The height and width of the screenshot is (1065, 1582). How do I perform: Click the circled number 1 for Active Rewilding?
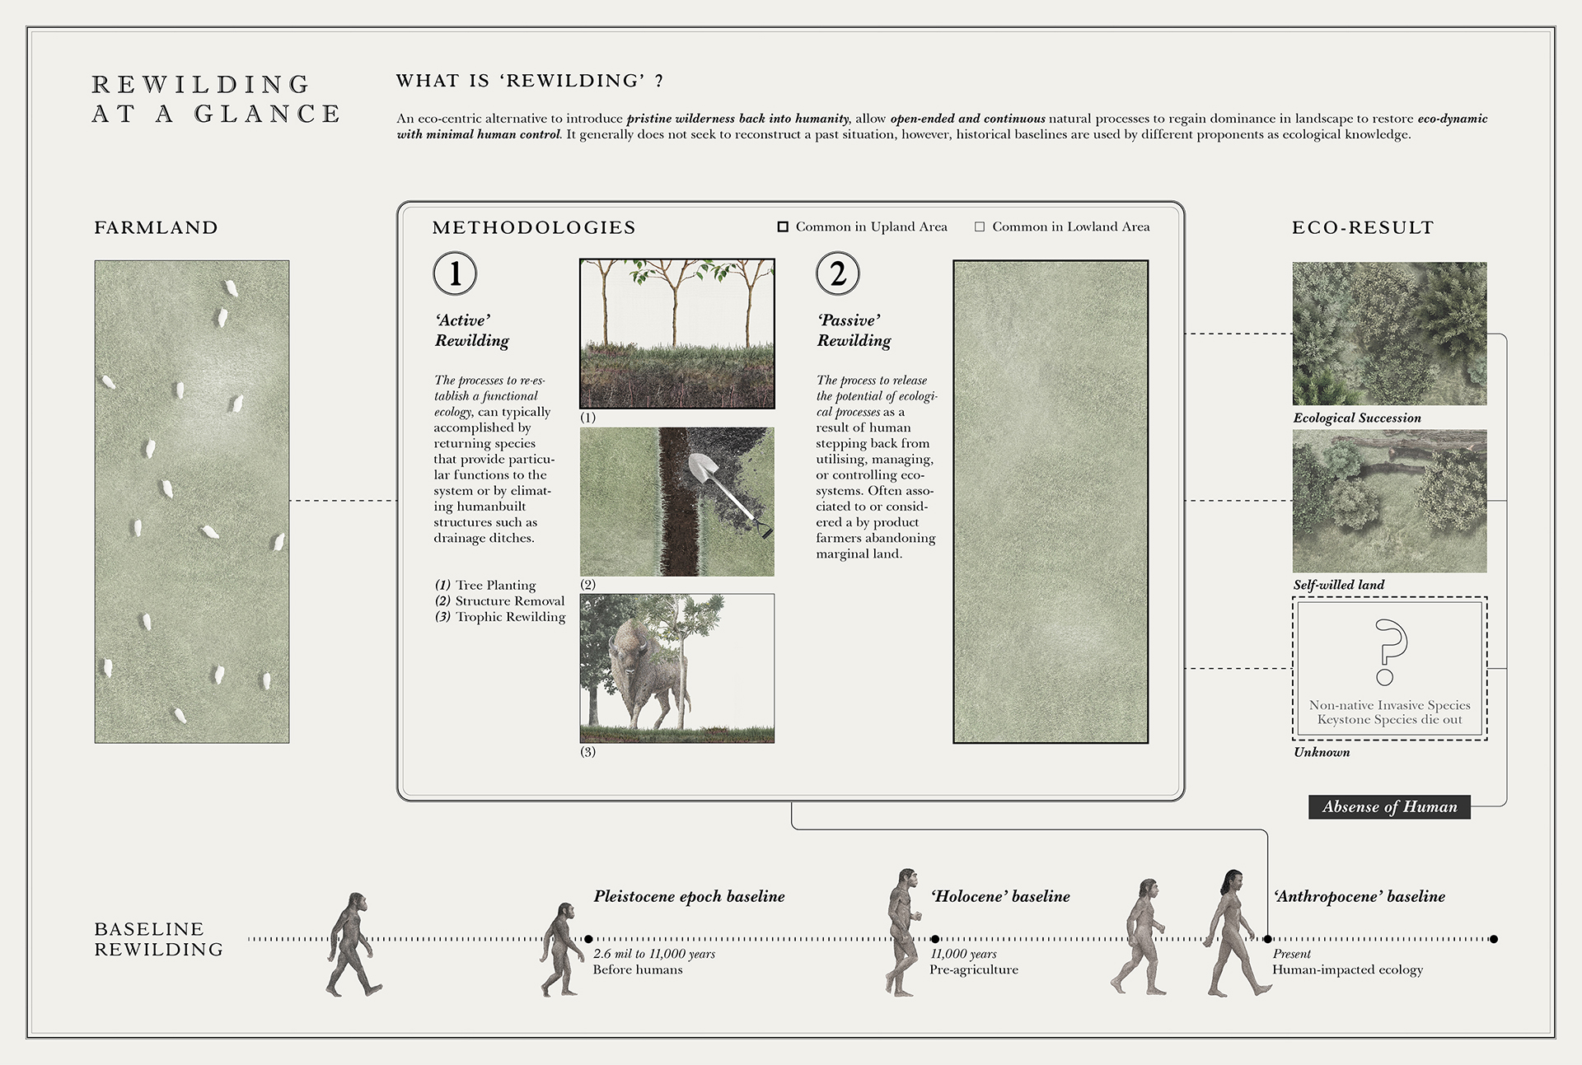pos(455,273)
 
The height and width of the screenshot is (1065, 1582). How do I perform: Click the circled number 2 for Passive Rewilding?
pos(837,273)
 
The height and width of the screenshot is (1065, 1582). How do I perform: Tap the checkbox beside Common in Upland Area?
pos(783,227)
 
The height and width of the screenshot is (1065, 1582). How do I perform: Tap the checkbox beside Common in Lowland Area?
pos(980,227)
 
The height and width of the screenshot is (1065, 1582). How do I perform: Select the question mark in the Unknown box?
pos(1389,651)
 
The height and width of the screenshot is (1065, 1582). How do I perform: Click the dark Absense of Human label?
pos(1389,806)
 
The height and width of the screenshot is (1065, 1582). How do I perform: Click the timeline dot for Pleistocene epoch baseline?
pos(588,938)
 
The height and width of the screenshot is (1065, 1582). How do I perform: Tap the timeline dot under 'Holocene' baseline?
pos(935,938)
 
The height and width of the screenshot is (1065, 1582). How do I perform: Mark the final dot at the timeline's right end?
pos(1494,938)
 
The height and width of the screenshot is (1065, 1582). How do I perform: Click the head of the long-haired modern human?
pos(1232,883)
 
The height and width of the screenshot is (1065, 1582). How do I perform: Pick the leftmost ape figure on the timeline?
pos(353,943)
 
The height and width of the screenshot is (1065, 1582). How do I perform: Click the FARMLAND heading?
pos(156,227)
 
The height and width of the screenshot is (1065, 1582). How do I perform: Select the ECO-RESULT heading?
pos(1363,227)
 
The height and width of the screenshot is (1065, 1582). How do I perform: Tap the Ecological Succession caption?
pos(1357,418)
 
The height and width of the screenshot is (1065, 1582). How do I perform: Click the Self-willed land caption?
pos(1339,585)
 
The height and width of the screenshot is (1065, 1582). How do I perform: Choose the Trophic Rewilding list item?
pos(510,617)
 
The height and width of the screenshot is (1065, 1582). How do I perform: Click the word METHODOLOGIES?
pos(534,227)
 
